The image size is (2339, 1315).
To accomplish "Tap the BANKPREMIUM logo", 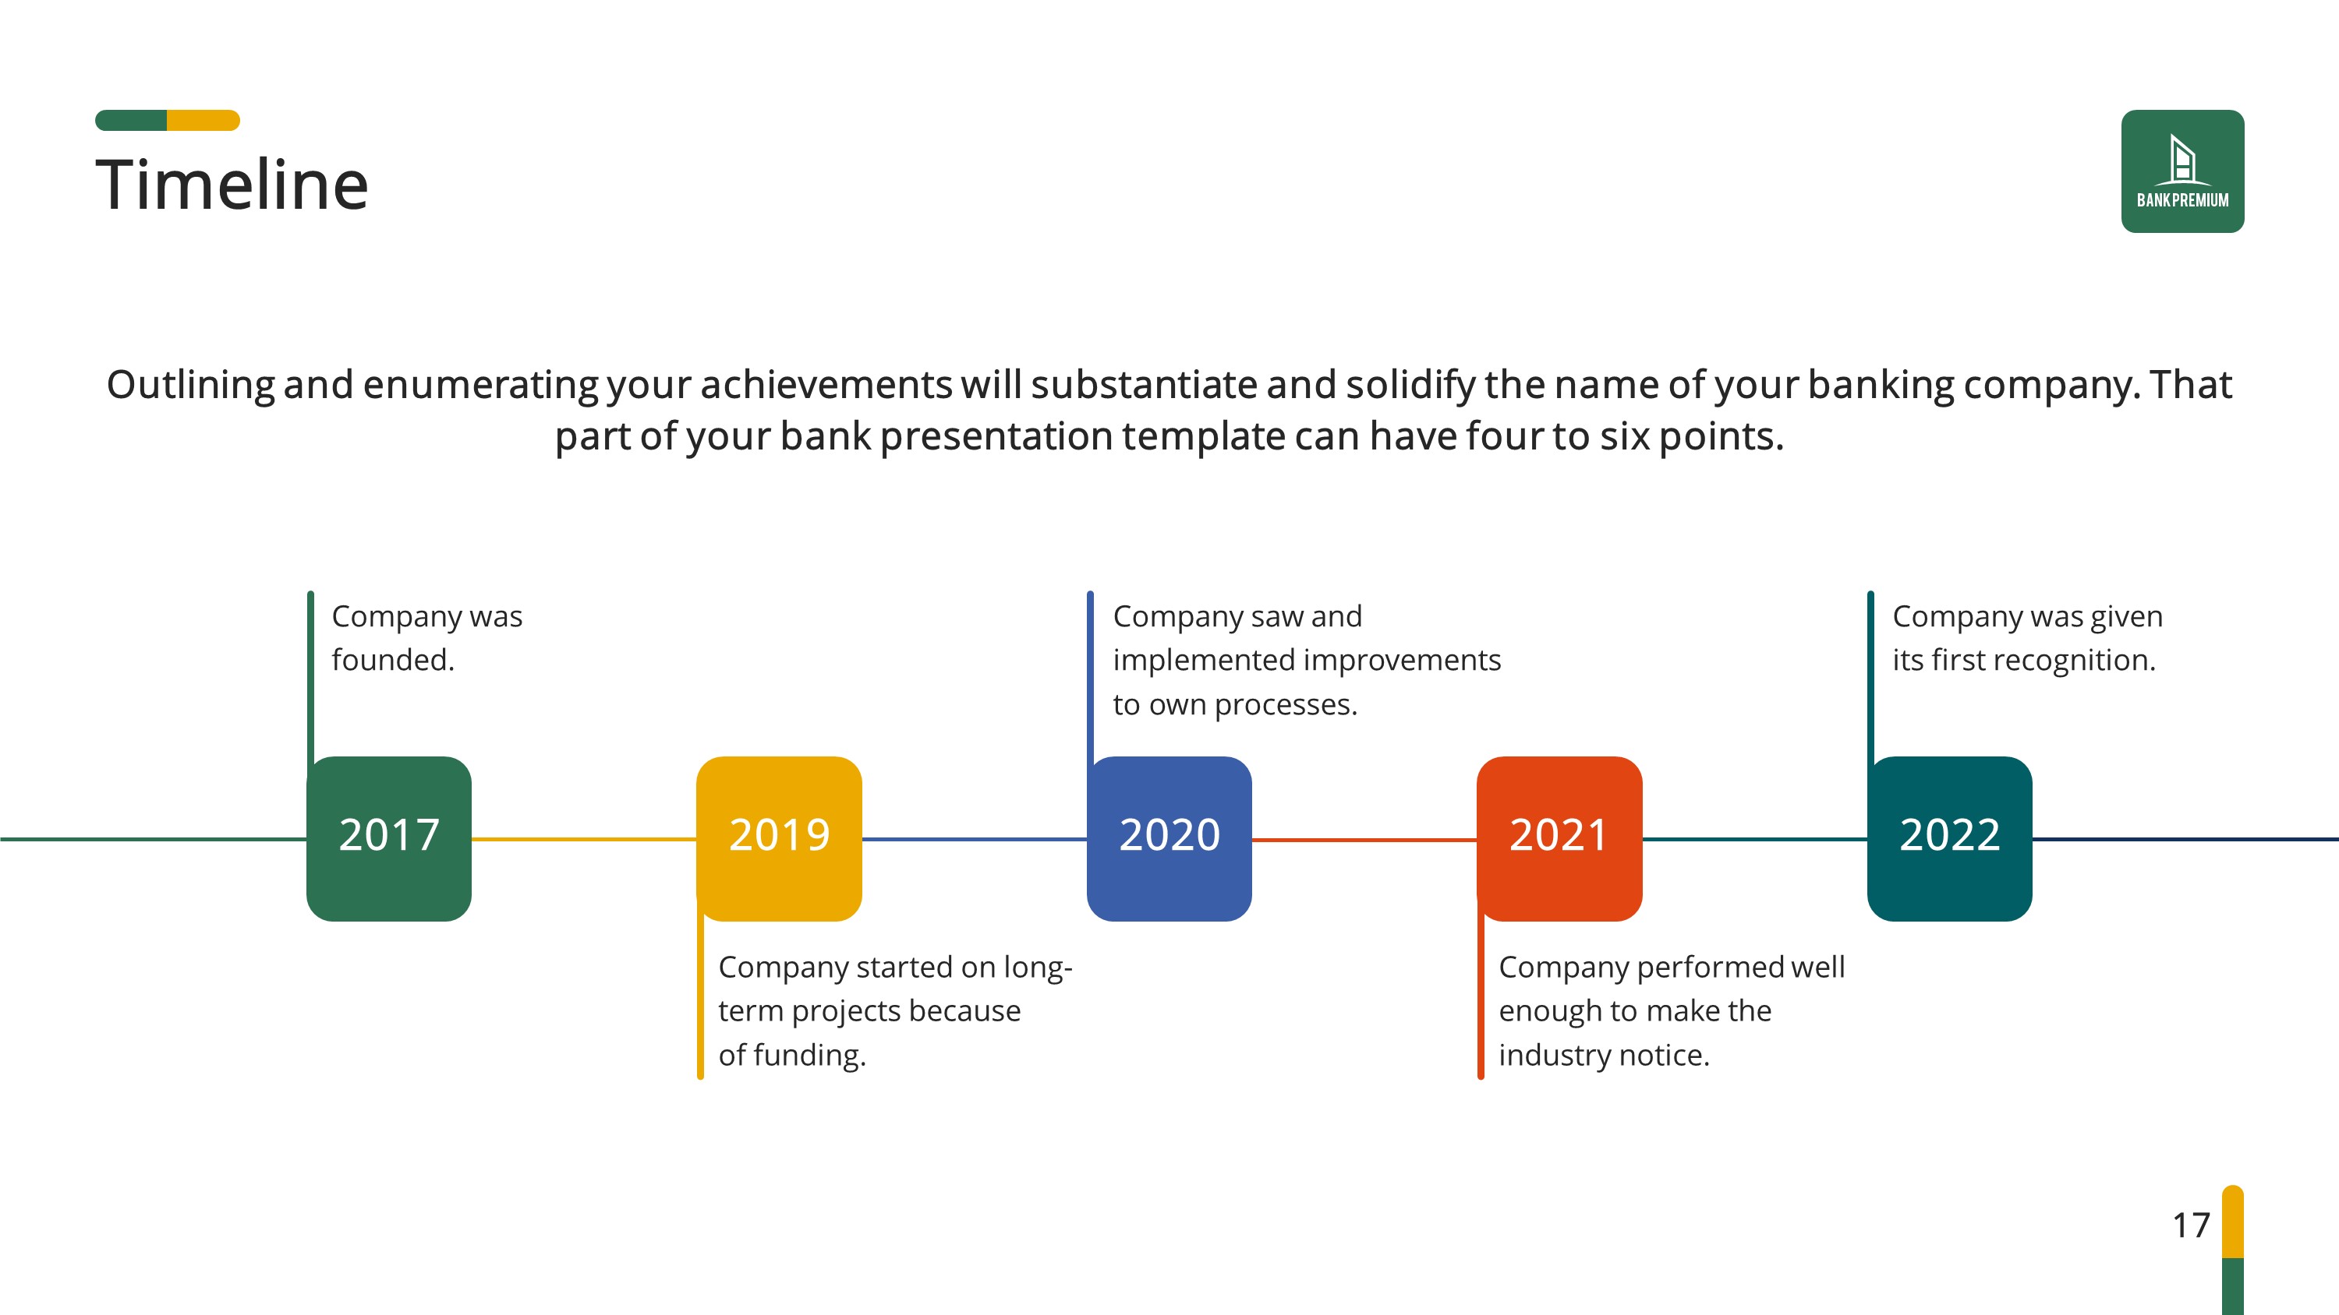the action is [x=2182, y=171].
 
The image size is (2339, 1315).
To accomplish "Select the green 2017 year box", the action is [x=388, y=838].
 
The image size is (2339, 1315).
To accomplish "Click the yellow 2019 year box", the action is [x=779, y=838].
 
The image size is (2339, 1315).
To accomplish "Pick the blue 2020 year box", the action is [x=1169, y=838].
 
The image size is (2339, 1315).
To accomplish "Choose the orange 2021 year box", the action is [x=1559, y=838].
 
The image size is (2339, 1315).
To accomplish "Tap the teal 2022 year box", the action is [x=1949, y=838].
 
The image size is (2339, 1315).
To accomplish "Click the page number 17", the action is [x=2191, y=1225].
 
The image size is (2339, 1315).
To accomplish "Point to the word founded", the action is [x=393, y=660].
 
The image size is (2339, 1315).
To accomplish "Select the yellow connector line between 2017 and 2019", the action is [x=584, y=840].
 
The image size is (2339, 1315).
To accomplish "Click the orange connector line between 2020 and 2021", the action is [x=1364, y=840].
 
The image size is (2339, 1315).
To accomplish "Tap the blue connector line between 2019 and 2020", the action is [x=975, y=840].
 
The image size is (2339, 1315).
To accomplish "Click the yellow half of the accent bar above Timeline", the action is [x=203, y=120].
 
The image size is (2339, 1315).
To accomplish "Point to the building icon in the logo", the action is [x=2182, y=160].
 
